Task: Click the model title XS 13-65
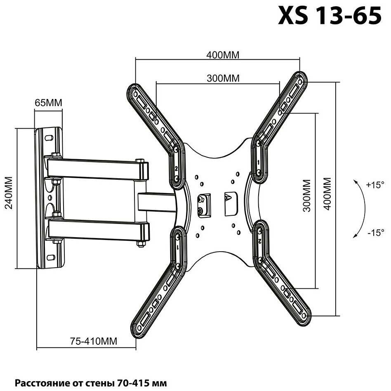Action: [x=330, y=15]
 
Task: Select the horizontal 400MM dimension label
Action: [x=223, y=55]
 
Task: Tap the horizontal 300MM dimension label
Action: [x=223, y=78]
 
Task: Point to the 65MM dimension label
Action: [x=48, y=102]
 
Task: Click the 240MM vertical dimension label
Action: [x=9, y=193]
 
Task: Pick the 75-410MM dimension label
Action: [x=94, y=341]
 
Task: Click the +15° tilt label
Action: [x=375, y=185]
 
